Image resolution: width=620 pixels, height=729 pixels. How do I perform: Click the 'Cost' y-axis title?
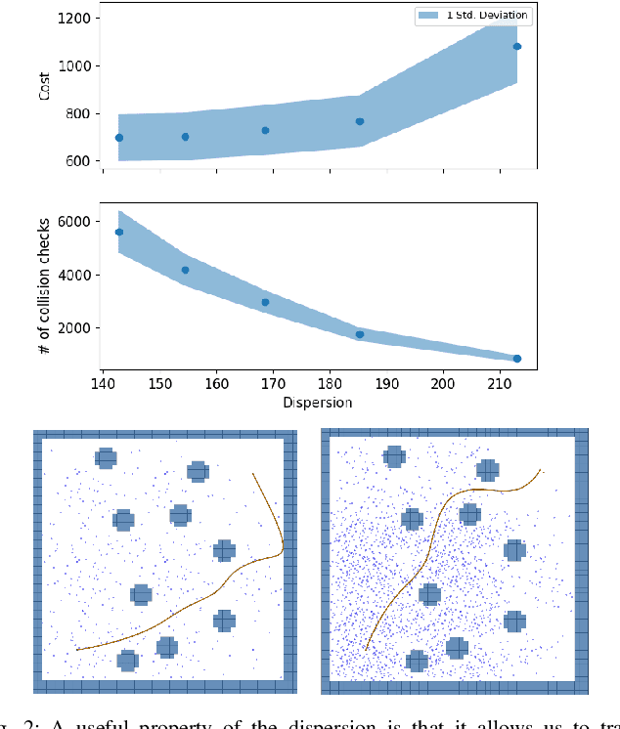45,89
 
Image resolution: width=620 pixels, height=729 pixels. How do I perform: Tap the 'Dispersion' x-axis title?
318,402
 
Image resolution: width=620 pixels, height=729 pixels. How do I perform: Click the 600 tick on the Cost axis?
81,161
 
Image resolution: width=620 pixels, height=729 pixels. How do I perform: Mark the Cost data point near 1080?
517,46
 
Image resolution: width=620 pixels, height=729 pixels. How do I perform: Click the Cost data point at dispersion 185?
360,121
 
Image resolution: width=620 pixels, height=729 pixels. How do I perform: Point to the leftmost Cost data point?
119,138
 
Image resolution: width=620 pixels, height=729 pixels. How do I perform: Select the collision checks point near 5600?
119,232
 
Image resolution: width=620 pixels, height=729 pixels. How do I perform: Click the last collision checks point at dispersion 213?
517,359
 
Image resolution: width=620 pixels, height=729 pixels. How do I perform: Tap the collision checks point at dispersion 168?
265,302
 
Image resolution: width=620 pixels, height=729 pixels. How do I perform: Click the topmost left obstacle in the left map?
106,457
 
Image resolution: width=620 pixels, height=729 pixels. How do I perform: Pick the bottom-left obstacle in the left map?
127,661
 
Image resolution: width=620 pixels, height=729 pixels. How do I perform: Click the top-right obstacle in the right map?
487,470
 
